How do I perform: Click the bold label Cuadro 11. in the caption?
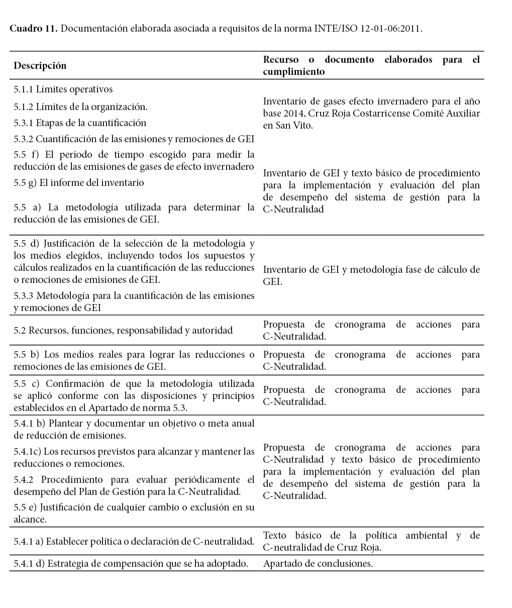click(x=34, y=28)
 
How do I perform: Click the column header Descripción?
click(x=40, y=66)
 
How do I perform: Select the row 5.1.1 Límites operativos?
click(x=63, y=89)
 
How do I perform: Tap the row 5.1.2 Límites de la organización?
click(x=80, y=107)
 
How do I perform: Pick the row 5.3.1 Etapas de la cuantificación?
click(x=80, y=123)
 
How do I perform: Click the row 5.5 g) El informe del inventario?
click(x=79, y=183)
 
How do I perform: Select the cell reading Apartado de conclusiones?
click(x=318, y=564)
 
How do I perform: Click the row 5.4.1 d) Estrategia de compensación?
click(x=131, y=564)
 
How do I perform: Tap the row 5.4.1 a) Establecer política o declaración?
click(x=133, y=542)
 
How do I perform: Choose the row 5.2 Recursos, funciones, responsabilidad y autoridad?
click(x=123, y=331)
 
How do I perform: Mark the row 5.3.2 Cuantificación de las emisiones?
click(x=134, y=139)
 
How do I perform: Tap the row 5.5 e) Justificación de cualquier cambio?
click(x=134, y=513)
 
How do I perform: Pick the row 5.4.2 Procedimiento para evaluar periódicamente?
click(x=134, y=485)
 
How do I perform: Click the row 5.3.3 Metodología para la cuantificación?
click(x=134, y=301)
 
